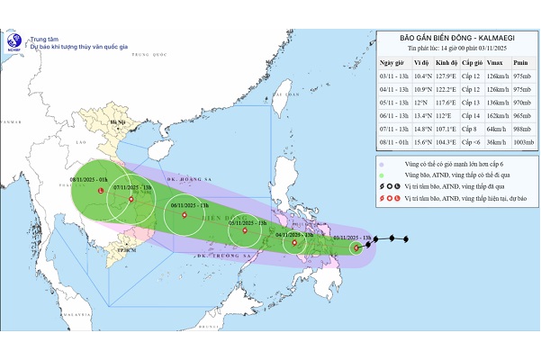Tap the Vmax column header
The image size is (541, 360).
point(489,65)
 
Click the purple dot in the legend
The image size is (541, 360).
point(382,165)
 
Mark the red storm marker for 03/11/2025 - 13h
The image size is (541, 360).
point(356,247)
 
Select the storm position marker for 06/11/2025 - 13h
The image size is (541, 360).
point(184,215)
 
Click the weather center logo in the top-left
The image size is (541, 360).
point(14,42)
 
